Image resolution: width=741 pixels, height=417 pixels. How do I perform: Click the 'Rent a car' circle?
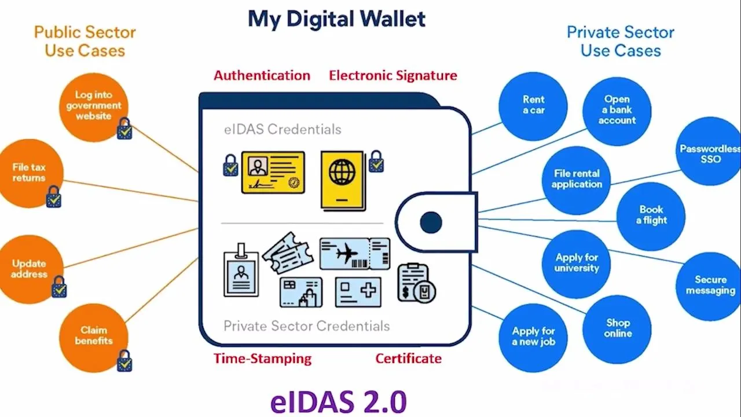click(x=533, y=105)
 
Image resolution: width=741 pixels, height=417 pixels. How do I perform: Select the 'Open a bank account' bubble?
click(x=617, y=110)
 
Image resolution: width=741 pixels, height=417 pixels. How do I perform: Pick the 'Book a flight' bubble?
click(x=651, y=215)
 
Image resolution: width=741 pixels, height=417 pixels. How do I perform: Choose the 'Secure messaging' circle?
click(x=710, y=286)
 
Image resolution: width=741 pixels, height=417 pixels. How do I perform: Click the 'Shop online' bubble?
click(x=618, y=328)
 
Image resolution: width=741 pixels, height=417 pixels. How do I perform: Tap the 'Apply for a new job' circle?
click(x=533, y=336)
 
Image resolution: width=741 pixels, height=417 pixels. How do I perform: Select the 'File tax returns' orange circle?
click(x=29, y=173)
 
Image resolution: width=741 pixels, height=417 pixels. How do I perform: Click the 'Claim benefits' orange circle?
click(x=93, y=336)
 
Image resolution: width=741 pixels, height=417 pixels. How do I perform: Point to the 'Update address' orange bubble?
click(x=29, y=269)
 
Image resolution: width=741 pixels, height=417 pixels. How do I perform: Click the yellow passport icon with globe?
click(x=343, y=180)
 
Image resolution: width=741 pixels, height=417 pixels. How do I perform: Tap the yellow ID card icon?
click(x=273, y=173)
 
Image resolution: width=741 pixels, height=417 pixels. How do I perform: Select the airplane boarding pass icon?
click(x=354, y=254)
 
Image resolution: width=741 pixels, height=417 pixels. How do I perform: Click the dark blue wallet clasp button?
click(x=431, y=222)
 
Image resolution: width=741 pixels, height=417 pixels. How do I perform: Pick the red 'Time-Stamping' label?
click(x=262, y=359)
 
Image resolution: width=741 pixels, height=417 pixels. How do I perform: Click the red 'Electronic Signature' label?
click(x=393, y=75)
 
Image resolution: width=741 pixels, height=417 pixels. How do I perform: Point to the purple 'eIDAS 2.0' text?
click(x=338, y=401)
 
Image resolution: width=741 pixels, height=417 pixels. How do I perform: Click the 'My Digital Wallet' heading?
click(x=337, y=19)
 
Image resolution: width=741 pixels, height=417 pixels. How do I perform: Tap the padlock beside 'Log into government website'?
click(x=124, y=129)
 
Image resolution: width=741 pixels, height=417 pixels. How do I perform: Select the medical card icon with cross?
click(x=358, y=291)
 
